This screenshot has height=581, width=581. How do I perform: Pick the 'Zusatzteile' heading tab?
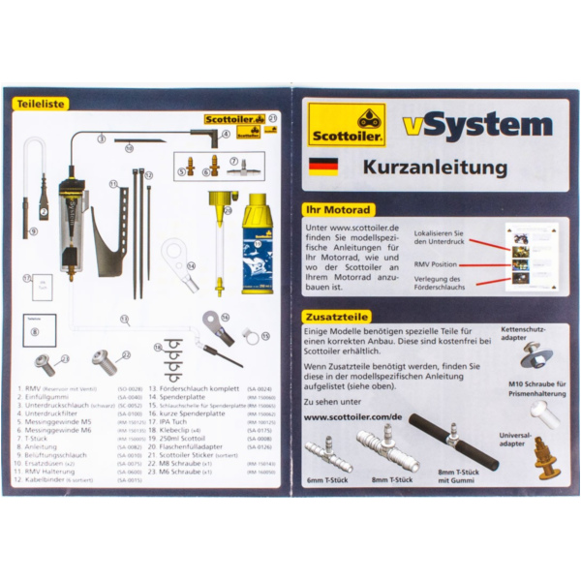click(334, 316)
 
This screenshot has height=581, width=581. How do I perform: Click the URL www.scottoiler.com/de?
click(353, 417)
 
